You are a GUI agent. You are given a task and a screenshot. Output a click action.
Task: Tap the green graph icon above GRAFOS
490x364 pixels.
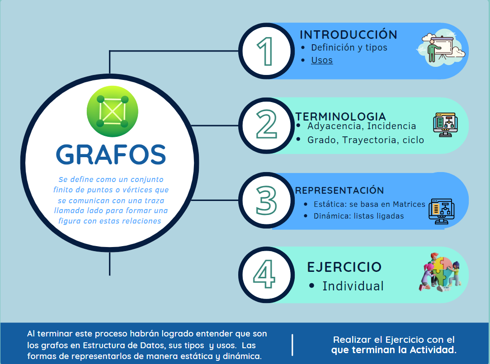tap(112, 111)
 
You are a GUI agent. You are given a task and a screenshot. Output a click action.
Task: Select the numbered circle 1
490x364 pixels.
tap(266, 51)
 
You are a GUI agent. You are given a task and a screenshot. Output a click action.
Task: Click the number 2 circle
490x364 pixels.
tap(266, 126)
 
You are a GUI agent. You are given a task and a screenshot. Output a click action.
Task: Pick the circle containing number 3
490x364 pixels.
tap(266, 200)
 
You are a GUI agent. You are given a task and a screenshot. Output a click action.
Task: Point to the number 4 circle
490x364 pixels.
tap(266, 275)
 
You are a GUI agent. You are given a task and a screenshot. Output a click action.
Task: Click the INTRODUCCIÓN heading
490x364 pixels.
tap(349, 34)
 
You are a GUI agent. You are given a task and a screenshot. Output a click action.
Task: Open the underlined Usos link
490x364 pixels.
tap(322, 60)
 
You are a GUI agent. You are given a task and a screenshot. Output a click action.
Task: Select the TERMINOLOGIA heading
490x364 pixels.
tap(341, 117)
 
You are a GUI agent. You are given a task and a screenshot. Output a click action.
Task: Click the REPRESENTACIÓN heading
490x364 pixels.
tap(339, 190)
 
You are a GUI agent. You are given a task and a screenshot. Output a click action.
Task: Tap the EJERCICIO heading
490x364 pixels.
tap(344, 267)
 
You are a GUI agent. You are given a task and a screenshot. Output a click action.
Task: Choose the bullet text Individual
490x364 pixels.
tap(353, 286)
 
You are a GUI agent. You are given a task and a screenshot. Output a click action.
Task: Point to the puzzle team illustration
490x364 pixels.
tap(440, 272)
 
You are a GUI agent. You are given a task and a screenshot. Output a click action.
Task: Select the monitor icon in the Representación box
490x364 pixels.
tap(441, 211)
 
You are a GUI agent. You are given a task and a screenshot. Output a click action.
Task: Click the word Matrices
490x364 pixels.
tap(409, 204)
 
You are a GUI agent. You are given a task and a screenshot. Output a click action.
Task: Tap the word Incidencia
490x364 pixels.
tap(391, 126)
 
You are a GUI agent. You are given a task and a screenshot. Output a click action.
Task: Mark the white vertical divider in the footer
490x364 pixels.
tap(292, 345)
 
